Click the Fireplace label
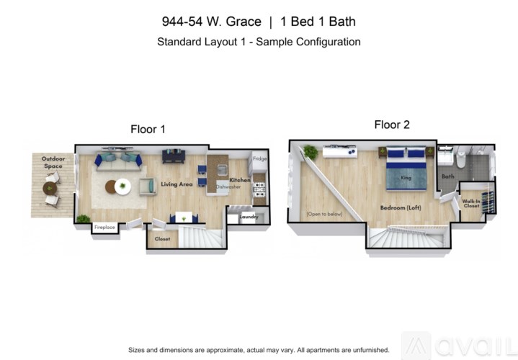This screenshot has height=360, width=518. pos(104,228)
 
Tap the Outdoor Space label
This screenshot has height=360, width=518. pos(53,162)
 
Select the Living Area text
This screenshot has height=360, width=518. pos(177,184)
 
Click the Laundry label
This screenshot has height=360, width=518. pos(249,215)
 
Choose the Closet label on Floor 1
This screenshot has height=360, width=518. pos(162,238)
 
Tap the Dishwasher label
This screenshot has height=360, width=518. pos(228,186)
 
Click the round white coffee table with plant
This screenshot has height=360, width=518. pos(123,186)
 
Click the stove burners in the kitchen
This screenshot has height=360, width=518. pos(259,187)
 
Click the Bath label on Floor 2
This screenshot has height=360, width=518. pos(448,176)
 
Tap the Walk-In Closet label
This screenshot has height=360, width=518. pos(471,204)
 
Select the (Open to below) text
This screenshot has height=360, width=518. pos(324,214)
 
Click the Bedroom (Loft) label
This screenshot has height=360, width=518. pos(401,208)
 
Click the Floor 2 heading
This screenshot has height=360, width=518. pos(392,125)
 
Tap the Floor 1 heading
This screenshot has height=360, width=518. pos(148,130)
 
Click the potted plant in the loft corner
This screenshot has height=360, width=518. pos(311,151)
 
